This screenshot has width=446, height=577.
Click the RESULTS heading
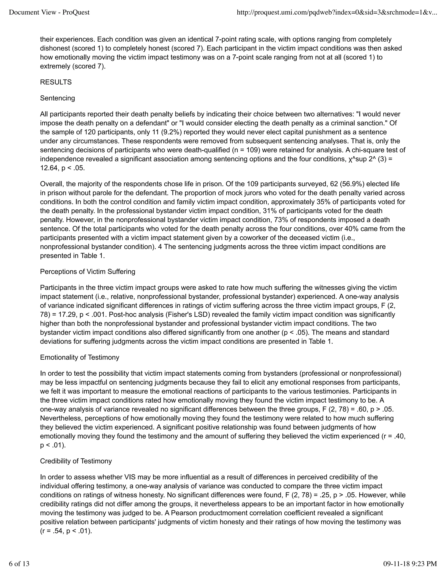coord(56,82)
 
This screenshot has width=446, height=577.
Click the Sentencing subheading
coord(57,98)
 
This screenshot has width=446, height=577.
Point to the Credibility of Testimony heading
coord(76,461)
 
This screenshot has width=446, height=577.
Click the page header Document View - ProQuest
coord(49,12)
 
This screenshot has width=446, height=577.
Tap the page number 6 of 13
coord(19,564)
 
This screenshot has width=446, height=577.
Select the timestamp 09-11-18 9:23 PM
coord(410,564)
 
